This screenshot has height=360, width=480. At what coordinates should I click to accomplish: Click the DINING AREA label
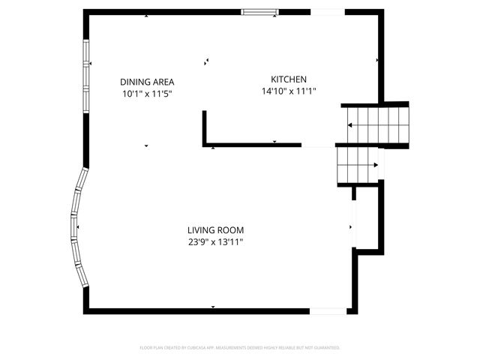coord(148,82)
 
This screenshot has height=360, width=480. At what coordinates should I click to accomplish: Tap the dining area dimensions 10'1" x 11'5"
coord(148,94)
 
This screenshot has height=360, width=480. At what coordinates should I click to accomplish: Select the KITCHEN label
coord(289,79)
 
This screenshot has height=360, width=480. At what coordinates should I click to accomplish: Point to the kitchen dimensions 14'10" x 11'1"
coord(289,91)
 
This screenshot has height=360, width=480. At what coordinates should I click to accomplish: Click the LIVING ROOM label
coord(216,230)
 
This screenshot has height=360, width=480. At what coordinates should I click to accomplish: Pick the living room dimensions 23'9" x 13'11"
coord(216,242)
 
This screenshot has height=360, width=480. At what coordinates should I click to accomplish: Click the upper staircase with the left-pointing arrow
coord(379,124)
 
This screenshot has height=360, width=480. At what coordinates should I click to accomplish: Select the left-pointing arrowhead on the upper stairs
coord(349,124)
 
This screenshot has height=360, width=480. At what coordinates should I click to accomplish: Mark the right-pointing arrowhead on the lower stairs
coord(375,165)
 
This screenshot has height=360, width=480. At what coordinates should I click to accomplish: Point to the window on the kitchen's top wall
coord(253,11)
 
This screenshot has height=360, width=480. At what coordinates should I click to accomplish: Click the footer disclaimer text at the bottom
coord(240,348)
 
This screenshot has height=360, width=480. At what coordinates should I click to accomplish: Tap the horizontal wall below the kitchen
coord(255,145)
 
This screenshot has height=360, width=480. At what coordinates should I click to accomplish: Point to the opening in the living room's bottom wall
coord(328,310)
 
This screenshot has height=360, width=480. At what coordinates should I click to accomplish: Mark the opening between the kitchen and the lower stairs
coord(318,145)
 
